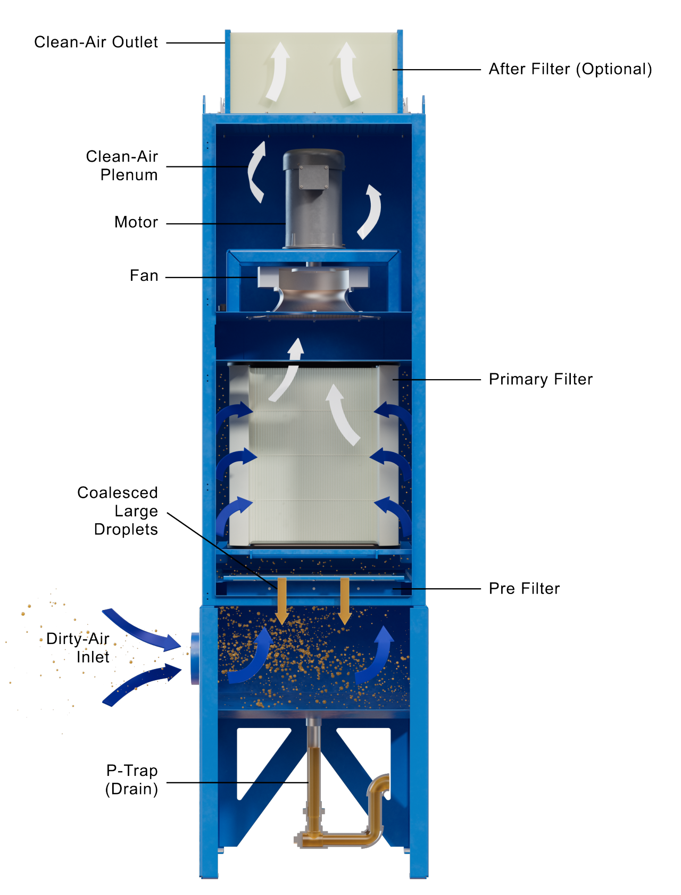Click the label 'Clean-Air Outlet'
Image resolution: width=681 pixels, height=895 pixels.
tap(96, 43)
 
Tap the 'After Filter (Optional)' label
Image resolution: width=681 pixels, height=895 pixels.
tap(570, 69)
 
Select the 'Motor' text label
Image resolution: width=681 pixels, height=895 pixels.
tap(136, 222)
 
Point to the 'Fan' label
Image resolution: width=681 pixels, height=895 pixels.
tap(144, 276)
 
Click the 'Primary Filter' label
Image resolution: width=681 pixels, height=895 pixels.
tap(541, 379)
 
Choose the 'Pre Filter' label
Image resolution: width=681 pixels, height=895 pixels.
tap(524, 589)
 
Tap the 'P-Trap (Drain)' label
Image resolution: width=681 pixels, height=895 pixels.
tap(132, 780)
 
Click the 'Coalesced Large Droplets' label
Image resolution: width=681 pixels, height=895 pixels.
tap(118, 511)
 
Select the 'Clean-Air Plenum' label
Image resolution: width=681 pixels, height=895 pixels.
tap(122, 165)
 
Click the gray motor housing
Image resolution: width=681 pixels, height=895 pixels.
tap(314, 213)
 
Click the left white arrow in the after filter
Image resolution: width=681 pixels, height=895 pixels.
tap(278, 72)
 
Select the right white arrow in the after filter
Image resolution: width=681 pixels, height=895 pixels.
tap(348, 72)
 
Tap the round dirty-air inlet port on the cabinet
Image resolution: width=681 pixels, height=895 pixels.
tap(195, 658)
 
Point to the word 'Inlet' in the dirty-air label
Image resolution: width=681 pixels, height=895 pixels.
tap(93, 657)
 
